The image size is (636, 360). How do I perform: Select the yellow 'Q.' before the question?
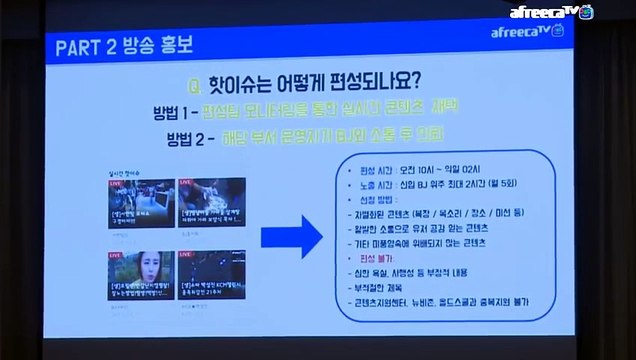tap(197, 81)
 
